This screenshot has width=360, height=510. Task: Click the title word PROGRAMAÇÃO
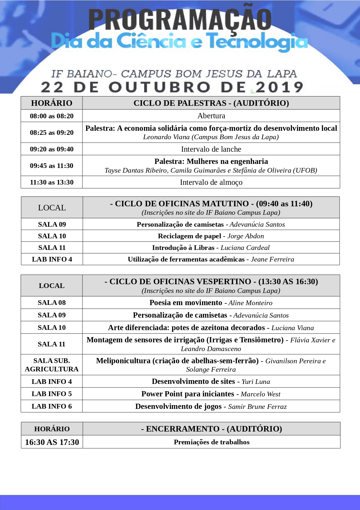(180, 20)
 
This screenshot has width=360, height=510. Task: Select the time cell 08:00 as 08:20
(52, 116)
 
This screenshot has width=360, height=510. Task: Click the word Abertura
(211, 116)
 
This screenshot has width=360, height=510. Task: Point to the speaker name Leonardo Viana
(166, 137)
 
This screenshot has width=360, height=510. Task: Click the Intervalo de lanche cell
(211, 149)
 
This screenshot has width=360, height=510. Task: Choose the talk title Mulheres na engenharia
(227, 161)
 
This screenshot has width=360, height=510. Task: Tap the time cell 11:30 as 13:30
(52, 182)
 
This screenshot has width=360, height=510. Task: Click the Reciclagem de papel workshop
(189, 236)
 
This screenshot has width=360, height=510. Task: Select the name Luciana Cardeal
(245, 248)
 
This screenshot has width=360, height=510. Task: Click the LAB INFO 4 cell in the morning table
(52, 259)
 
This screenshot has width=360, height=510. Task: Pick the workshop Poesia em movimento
(186, 303)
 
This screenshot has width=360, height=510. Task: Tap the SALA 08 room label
(52, 303)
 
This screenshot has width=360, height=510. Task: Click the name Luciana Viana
(292, 328)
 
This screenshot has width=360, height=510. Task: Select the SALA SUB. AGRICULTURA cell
(52, 365)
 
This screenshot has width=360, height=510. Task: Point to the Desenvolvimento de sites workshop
(193, 381)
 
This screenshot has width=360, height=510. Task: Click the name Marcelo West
(260, 394)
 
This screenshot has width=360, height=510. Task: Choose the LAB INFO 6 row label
(52, 406)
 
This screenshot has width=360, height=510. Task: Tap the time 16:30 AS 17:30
(52, 442)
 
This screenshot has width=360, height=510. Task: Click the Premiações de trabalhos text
(212, 442)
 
